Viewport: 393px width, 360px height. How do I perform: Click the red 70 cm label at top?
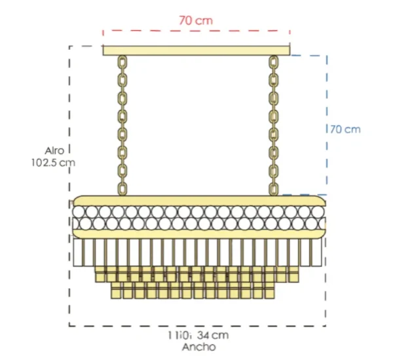pyautogui.click(x=195, y=20)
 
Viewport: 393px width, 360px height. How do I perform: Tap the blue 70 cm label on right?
pyautogui.click(x=345, y=129)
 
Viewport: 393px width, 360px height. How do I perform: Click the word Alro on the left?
pyautogui.click(x=54, y=150)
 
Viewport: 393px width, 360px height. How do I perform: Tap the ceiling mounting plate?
pyautogui.click(x=196, y=50)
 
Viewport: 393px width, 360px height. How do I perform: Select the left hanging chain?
pyautogui.click(x=122, y=124)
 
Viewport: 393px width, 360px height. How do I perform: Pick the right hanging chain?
pyautogui.click(x=273, y=124)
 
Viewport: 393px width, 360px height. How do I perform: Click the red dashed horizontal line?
pyautogui.click(x=196, y=30)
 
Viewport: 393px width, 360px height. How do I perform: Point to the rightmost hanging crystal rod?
pyautogui.click(x=318, y=252)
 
